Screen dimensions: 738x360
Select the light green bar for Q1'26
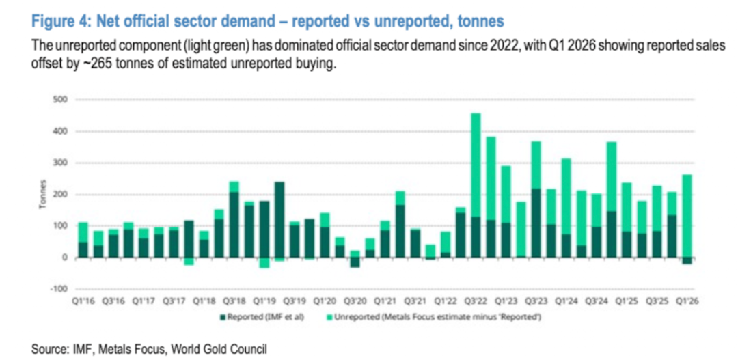pos(687,216)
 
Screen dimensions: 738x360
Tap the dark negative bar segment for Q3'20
pos(355,262)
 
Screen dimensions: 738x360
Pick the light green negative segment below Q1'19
pos(264,262)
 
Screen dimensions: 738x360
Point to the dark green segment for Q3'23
pos(536,223)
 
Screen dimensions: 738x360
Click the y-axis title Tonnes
pos(43,195)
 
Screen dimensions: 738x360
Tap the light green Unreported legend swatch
pos(329,318)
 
